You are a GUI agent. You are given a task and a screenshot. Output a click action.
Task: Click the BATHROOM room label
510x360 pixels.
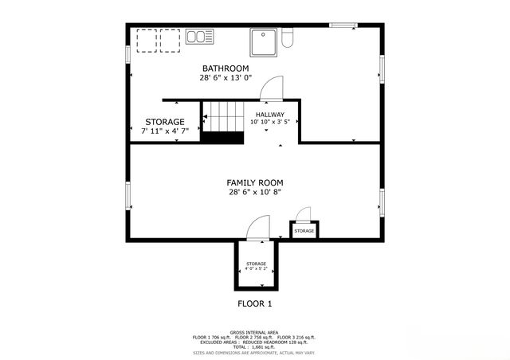226,68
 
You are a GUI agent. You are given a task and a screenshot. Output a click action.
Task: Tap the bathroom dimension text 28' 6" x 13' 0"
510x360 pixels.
226,78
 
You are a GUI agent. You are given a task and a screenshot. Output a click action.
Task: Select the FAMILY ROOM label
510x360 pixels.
254,182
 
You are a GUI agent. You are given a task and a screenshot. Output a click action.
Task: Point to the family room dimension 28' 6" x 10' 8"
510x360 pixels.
254,192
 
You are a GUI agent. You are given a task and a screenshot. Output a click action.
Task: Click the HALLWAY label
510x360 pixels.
270,115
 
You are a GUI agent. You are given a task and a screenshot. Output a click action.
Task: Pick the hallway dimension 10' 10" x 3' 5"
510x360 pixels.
270,123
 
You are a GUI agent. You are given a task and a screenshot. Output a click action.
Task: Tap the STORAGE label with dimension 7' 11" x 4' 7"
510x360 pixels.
165,122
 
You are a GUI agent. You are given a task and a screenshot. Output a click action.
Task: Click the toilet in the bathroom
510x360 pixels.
288,37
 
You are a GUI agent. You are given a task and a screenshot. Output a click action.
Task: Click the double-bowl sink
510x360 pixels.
200,37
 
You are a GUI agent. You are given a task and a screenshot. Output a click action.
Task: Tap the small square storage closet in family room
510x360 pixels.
304,230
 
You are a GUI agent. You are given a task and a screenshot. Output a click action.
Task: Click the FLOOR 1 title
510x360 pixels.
255,303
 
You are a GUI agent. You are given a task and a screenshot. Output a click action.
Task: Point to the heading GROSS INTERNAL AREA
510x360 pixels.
254,331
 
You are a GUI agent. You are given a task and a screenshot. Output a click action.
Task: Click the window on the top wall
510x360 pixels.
343,25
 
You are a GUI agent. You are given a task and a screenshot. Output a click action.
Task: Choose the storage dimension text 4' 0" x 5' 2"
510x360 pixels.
256,269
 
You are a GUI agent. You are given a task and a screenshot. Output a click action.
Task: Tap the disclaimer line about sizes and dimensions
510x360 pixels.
254,352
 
